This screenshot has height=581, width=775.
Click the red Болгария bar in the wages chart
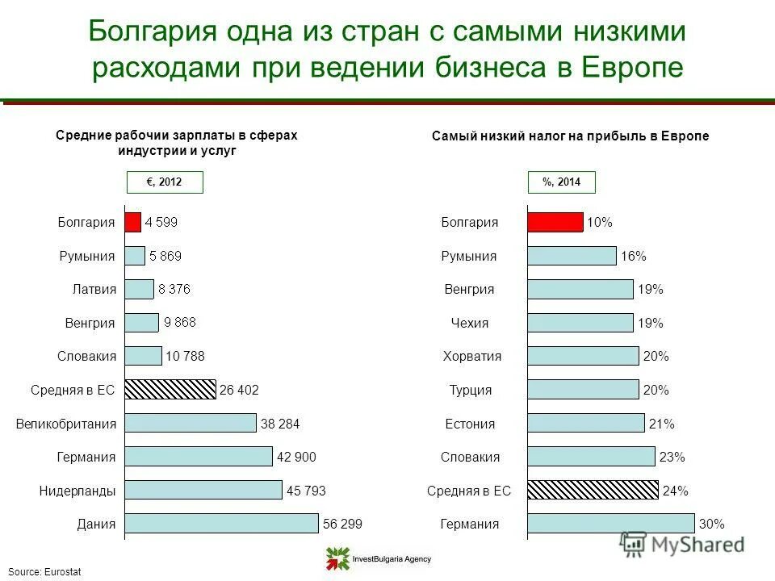tap(132, 222)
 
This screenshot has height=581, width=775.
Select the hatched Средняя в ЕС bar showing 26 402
tap(170, 390)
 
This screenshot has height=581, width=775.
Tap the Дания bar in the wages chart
tap(221, 524)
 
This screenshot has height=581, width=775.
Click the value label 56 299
tap(342, 524)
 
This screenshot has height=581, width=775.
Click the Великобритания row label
tap(66, 423)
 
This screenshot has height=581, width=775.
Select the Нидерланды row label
tap(77, 490)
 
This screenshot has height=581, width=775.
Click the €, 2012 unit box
tap(165, 183)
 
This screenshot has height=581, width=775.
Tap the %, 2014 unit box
tap(562, 183)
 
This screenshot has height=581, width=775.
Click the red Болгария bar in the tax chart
tap(555, 222)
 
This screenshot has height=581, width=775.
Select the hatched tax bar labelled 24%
tap(593, 490)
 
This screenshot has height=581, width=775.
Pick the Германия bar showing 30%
tap(610, 524)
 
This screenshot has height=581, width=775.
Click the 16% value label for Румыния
tap(634, 256)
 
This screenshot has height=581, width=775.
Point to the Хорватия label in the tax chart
tap(472, 356)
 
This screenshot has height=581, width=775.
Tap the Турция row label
tap(471, 390)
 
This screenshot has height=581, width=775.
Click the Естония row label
tap(470, 423)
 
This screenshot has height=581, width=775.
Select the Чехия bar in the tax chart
tap(580, 323)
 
